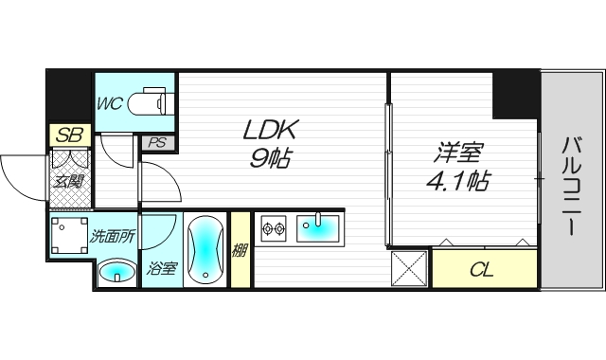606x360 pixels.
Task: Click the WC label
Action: pos(110,103)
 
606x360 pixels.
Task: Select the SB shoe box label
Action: pos(69,135)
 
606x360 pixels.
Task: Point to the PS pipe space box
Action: pos(158,143)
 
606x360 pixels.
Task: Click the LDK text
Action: pos(271,130)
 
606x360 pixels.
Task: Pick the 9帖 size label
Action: pos(270,157)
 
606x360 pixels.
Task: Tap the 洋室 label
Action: pos(458,153)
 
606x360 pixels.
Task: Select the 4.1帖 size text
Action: pos(458,181)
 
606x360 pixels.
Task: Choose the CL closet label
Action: pos(482,269)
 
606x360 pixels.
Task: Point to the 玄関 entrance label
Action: pos(68,181)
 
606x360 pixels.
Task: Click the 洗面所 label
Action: pos(113,236)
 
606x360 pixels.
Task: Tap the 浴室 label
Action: pos(162,268)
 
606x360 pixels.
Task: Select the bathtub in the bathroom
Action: pos(205,249)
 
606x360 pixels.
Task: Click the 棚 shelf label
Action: pos(240,251)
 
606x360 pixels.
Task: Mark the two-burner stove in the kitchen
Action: pos(274,228)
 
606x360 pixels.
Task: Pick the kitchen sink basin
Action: pos(318,228)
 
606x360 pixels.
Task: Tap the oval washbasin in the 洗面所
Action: pos(117,272)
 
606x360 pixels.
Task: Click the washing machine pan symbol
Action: pos(69,235)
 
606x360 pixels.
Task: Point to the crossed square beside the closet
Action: pos(409,269)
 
